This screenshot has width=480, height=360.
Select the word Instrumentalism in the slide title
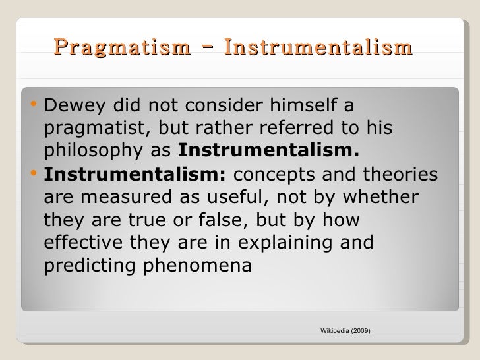point(318,48)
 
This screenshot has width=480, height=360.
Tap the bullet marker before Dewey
point(35,105)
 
